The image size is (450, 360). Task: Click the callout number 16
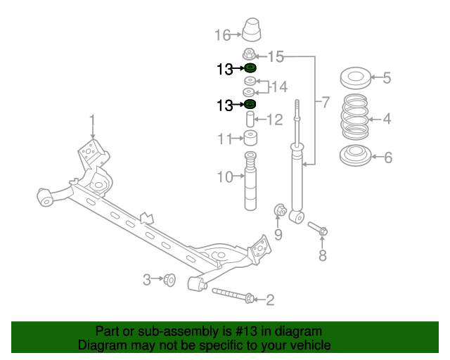(222, 34)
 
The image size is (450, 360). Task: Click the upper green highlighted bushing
(250, 68)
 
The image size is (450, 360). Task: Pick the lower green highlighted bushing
(249, 105)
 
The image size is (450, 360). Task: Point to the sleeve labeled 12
(250, 119)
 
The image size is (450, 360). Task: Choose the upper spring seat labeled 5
(355, 78)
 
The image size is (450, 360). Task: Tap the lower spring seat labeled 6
(355, 157)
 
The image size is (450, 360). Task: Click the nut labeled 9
(278, 210)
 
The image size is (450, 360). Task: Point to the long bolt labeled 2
(233, 296)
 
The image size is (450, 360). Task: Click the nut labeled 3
(169, 280)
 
